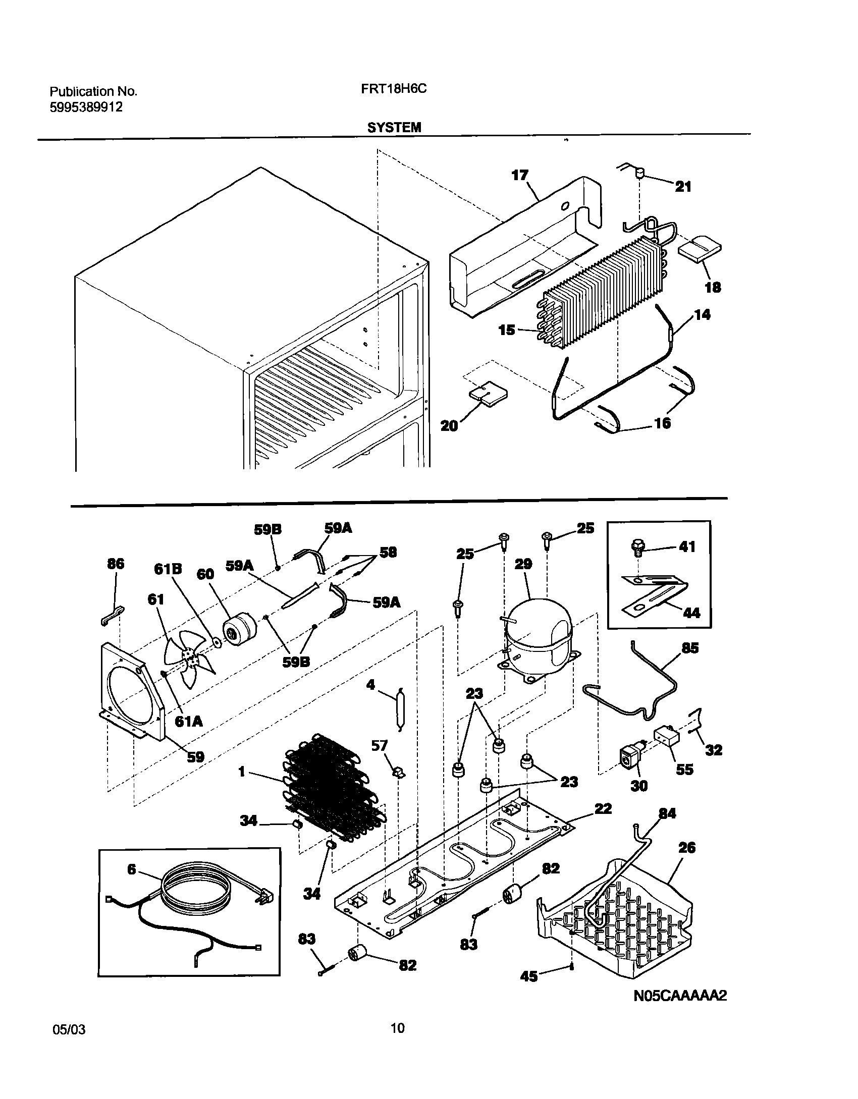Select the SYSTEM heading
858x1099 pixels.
pos(394,128)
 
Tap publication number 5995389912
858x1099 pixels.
pos(86,107)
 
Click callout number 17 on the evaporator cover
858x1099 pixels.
pos(519,176)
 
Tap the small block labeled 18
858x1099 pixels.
pos(699,251)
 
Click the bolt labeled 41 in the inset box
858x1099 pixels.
pos(637,546)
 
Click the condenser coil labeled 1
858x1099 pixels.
pos(333,790)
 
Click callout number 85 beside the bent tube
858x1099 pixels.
pos(689,648)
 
